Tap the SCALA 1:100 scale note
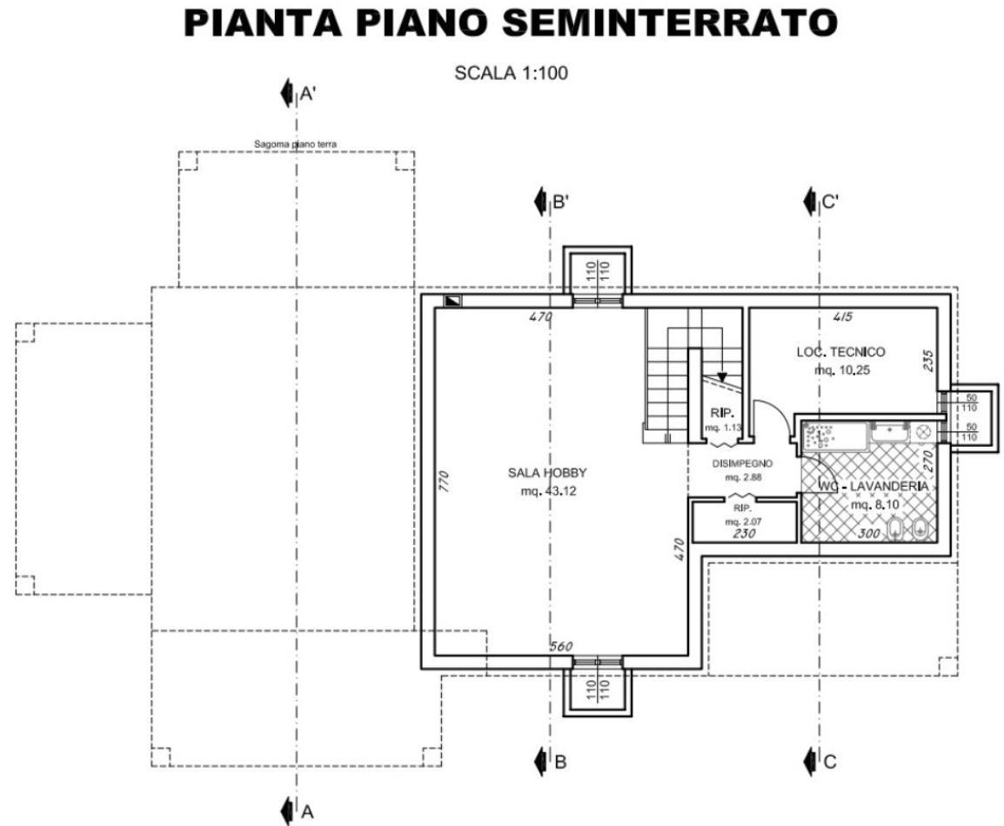click(x=511, y=73)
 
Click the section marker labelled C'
click(x=821, y=202)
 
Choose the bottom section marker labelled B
click(x=552, y=762)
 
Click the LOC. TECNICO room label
click(x=840, y=352)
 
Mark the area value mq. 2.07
click(x=743, y=521)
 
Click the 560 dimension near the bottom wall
click(x=562, y=646)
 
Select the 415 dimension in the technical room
click(x=841, y=316)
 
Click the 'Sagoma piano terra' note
click(x=295, y=144)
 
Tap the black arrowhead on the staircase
click(x=721, y=376)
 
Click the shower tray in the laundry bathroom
click(x=834, y=436)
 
